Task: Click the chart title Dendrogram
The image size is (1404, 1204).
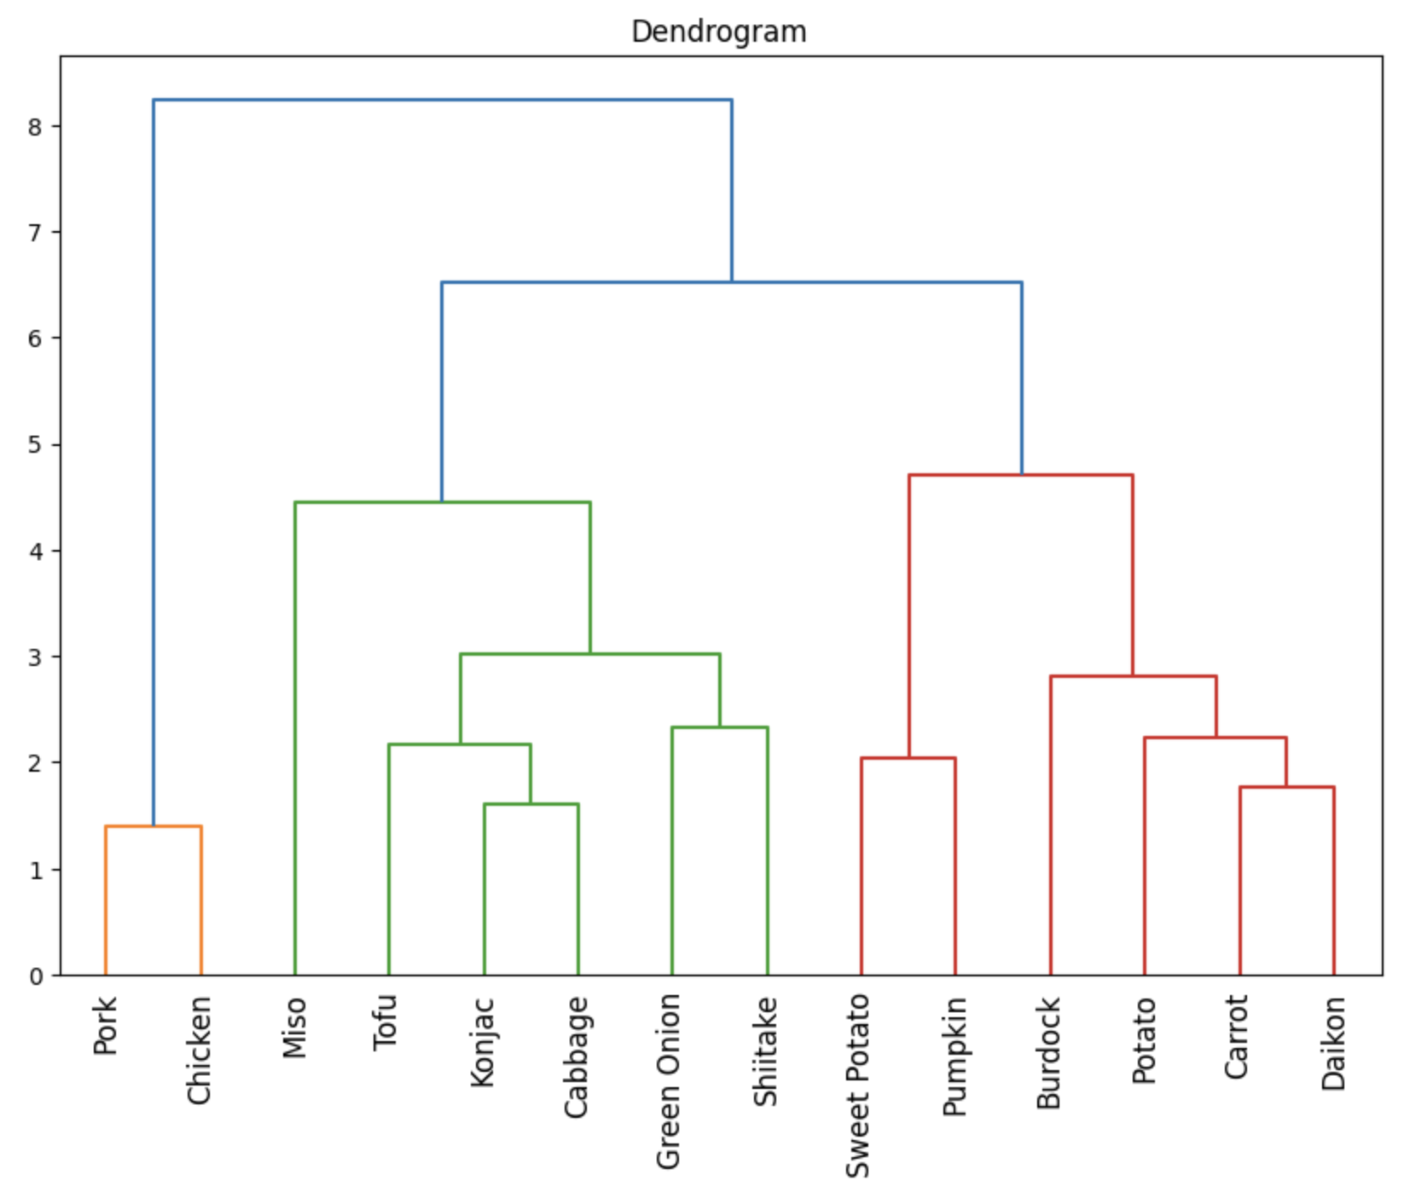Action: pyautogui.click(x=718, y=32)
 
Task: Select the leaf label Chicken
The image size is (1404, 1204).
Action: pyautogui.click(x=199, y=1051)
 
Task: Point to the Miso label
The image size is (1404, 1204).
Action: pyautogui.click(x=294, y=1028)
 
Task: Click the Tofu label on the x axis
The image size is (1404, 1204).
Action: pyautogui.click(x=386, y=1022)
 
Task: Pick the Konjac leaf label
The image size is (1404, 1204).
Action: pyautogui.click(x=483, y=1042)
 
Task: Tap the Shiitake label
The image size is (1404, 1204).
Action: pyautogui.click(x=765, y=1051)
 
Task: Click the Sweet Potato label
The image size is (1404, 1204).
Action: pyautogui.click(x=857, y=1086)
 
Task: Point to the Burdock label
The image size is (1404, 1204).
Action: pyautogui.click(x=1048, y=1053)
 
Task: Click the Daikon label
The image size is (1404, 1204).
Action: pyautogui.click(x=1333, y=1044)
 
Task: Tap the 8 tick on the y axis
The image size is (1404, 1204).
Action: pyautogui.click(x=35, y=127)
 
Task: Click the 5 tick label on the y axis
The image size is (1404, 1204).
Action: pyautogui.click(x=35, y=445)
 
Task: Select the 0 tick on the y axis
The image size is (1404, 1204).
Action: pyautogui.click(x=35, y=976)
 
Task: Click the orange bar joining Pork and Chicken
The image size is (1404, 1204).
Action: pyautogui.click(x=154, y=826)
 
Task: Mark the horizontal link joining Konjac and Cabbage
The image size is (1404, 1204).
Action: pyautogui.click(x=531, y=804)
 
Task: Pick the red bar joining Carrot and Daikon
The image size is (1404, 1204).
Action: pyautogui.click(x=1286, y=787)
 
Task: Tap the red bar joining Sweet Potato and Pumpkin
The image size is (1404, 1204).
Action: pyautogui.click(x=908, y=758)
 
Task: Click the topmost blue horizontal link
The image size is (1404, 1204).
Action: pyautogui.click(x=442, y=100)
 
